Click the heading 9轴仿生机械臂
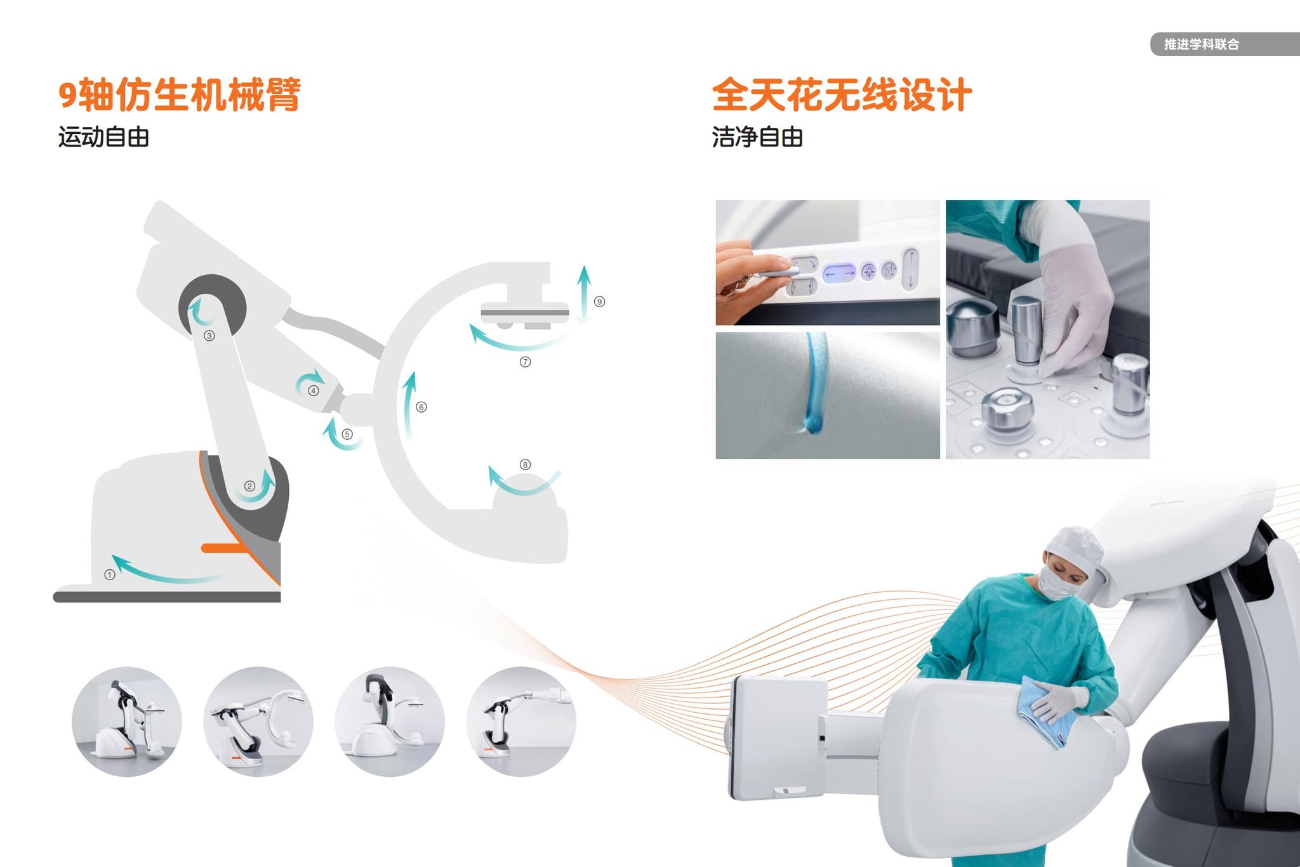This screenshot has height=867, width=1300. click(x=179, y=95)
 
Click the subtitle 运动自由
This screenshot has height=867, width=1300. click(x=103, y=137)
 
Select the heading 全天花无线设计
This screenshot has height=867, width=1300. click(x=841, y=95)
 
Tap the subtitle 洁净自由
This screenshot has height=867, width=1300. click(x=757, y=137)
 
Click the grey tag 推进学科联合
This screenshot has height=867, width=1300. click(x=1201, y=44)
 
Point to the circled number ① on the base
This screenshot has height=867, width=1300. click(x=110, y=574)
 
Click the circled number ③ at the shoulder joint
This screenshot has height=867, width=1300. click(x=209, y=336)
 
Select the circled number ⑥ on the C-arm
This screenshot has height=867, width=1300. click(x=421, y=407)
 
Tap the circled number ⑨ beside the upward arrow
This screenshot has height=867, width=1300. click(x=599, y=301)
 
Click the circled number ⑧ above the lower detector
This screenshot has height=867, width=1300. click(x=525, y=465)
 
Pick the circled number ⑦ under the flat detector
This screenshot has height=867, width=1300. click(x=525, y=362)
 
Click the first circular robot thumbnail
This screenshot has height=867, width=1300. click(x=127, y=722)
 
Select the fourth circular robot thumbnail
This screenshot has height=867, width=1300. click(x=521, y=722)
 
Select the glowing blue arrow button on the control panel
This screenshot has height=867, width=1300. click(x=839, y=274)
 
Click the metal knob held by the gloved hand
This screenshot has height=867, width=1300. click(x=1025, y=330)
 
